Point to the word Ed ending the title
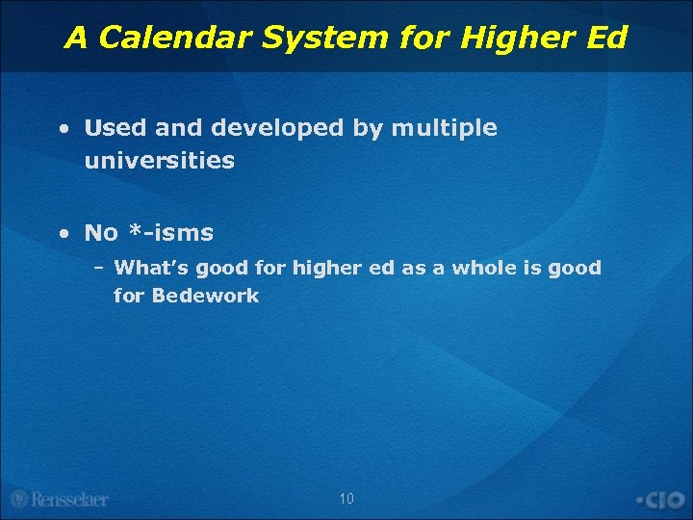[604, 38]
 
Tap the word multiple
[444, 128]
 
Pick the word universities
[160, 161]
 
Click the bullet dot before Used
[63, 129]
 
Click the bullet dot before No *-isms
[63, 233]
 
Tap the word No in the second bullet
[101, 232]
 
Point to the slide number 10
[346, 499]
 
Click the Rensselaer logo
[60, 499]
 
